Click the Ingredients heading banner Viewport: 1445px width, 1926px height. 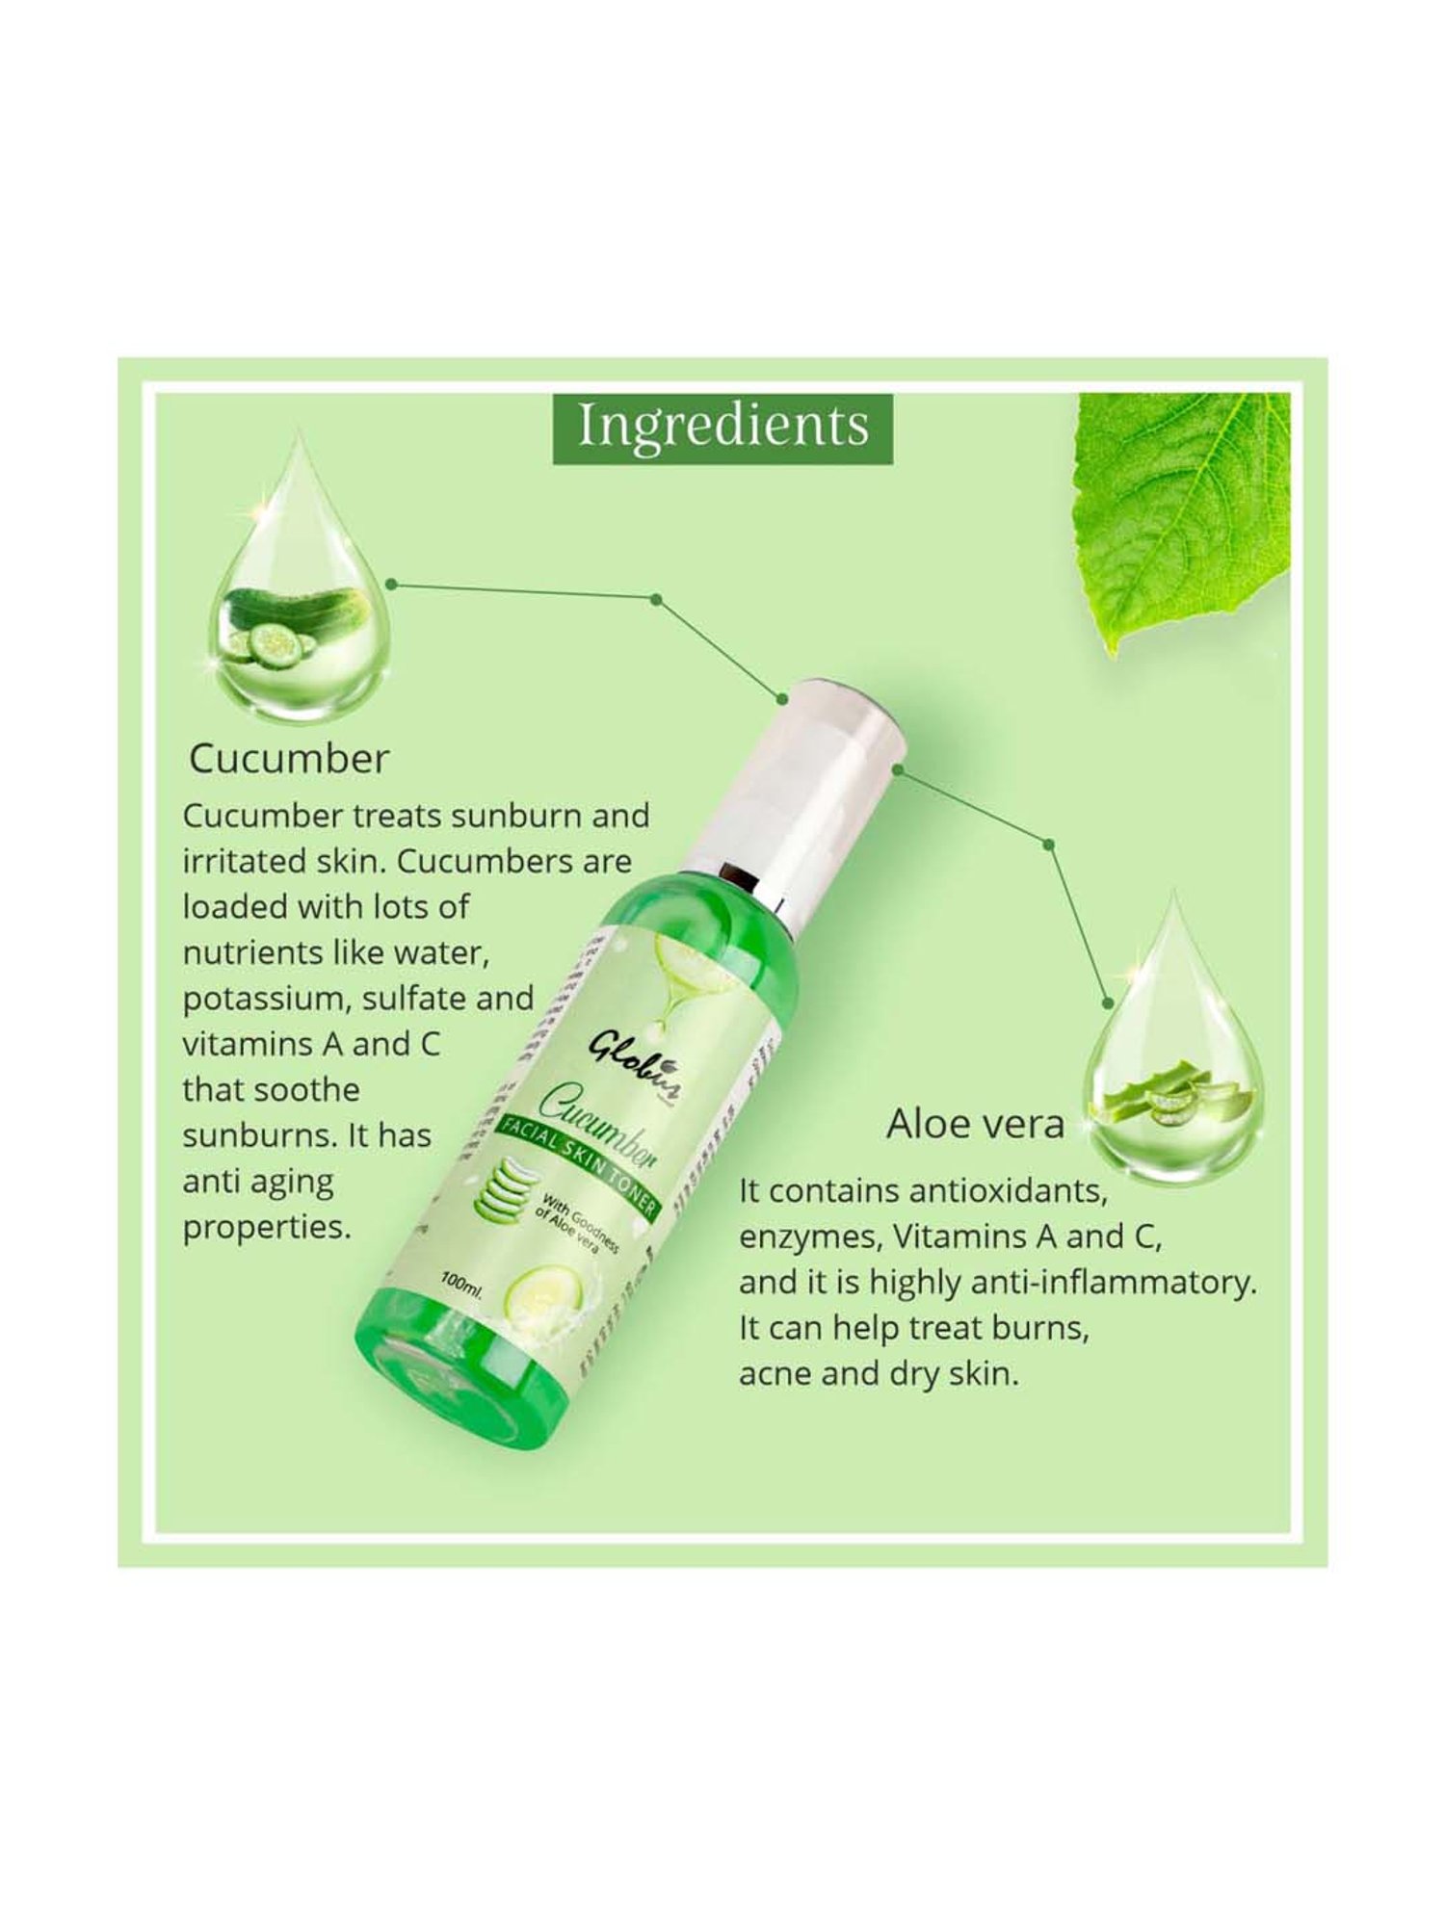point(722,426)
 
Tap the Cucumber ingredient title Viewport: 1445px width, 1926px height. point(289,759)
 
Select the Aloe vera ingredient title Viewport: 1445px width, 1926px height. point(975,1124)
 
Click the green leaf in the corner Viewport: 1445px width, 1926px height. point(1185,510)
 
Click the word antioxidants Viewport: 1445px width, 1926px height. point(1007,1191)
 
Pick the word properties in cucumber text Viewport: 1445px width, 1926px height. point(266,1228)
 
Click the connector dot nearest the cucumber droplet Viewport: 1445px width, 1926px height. point(391,584)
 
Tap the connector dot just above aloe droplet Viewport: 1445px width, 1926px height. point(1108,1003)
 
